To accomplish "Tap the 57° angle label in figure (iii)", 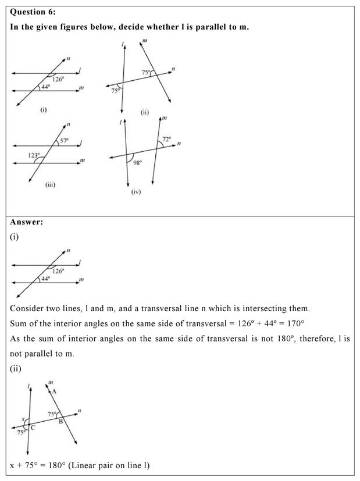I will pyautogui.click(x=65, y=141).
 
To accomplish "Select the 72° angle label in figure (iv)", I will pyautogui.click(x=166, y=140).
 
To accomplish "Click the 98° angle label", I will pyautogui.click(x=137, y=163).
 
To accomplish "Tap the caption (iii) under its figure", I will pyautogui.click(x=50, y=184).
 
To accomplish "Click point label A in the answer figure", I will pyautogui.click(x=54, y=391).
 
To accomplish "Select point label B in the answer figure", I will pyautogui.click(x=60, y=421).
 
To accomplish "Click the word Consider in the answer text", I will pyautogui.click(x=28, y=308).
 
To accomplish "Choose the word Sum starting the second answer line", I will pyautogui.click(x=19, y=323).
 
